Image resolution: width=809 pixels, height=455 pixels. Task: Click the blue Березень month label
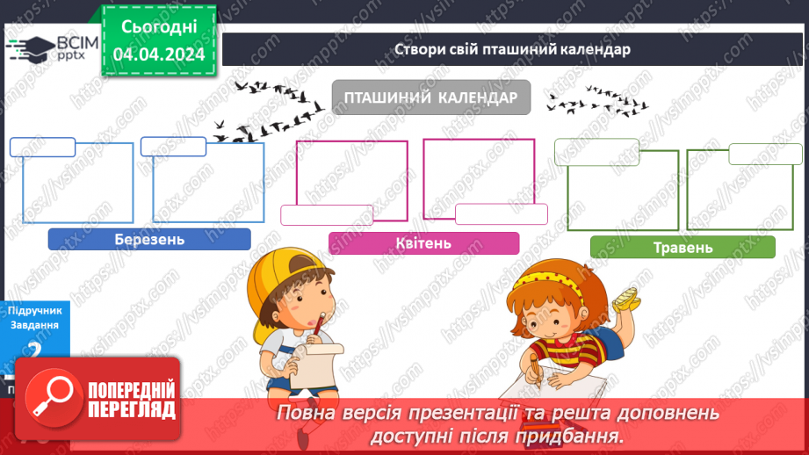coord(149,239)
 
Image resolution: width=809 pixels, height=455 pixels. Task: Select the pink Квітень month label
coord(423,243)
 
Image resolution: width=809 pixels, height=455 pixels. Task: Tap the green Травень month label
coord(683,247)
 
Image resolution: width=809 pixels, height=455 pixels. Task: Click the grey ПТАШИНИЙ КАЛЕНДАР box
coord(430,97)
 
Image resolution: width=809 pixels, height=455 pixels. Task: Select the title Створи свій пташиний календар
coord(512,50)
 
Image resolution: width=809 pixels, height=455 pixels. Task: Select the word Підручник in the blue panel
coord(34,310)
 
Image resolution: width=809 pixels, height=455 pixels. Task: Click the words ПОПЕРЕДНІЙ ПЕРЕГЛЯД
coord(131,400)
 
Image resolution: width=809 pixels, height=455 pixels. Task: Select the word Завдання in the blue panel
coord(34,324)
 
